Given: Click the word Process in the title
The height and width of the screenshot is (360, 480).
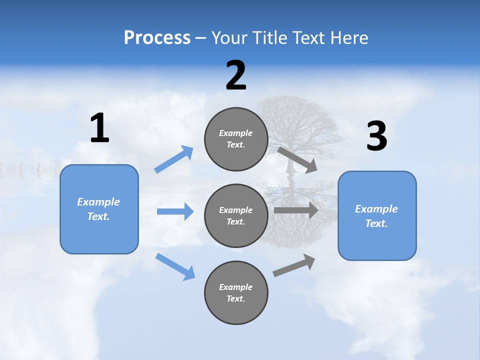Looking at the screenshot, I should pos(157,38).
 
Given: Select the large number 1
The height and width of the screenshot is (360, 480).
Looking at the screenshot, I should pos(99,128).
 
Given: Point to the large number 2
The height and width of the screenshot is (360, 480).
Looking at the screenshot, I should pos(236,76).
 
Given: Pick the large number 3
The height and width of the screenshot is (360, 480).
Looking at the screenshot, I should pos(376,137).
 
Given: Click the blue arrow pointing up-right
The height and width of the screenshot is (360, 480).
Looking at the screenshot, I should pos(174,159).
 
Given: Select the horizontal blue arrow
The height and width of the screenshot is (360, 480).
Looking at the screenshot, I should pos(175,211).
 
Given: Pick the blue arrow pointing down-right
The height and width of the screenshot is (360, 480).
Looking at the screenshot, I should pos(175,266).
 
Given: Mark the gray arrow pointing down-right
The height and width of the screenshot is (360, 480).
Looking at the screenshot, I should pos(297,159).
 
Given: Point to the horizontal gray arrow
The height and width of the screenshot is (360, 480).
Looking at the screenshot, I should pos(296,210).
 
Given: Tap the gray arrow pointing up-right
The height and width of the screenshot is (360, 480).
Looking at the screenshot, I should pos(294,265).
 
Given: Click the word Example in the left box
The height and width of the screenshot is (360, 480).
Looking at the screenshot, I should pos(98,202).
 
